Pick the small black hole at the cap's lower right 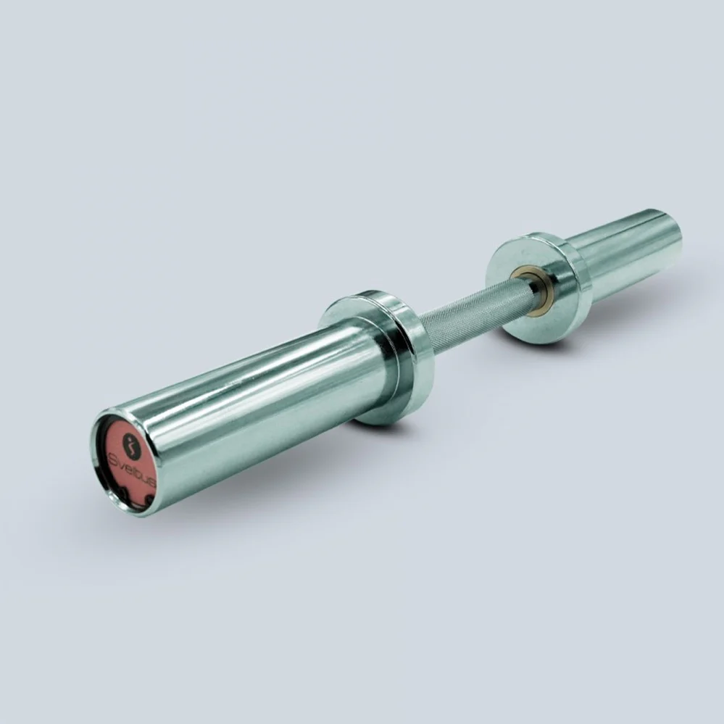point(149,499)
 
